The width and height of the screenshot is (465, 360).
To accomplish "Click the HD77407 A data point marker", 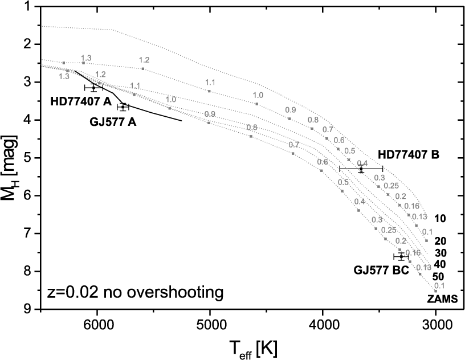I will (x=93, y=87).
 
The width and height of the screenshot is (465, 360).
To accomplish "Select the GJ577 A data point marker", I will (x=123, y=107).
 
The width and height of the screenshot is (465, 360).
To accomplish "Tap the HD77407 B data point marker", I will (x=361, y=169).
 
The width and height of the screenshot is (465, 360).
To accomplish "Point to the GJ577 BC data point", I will (x=401, y=257).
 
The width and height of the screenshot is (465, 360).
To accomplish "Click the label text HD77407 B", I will (x=408, y=154).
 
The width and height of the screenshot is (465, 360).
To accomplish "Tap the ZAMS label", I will (x=443, y=297).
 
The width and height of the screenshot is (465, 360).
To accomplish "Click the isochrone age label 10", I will (x=440, y=218).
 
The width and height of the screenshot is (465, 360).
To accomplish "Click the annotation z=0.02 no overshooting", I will (x=134, y=293).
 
